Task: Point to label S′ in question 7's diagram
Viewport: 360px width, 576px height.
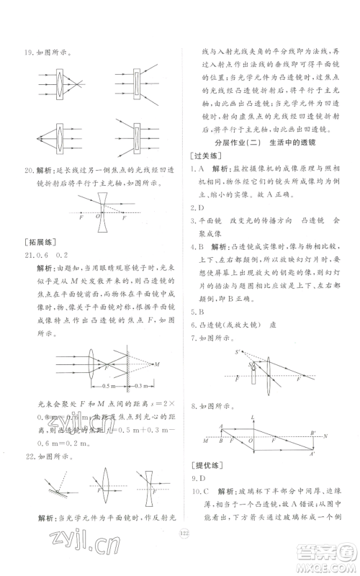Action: [x=237, y=353]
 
